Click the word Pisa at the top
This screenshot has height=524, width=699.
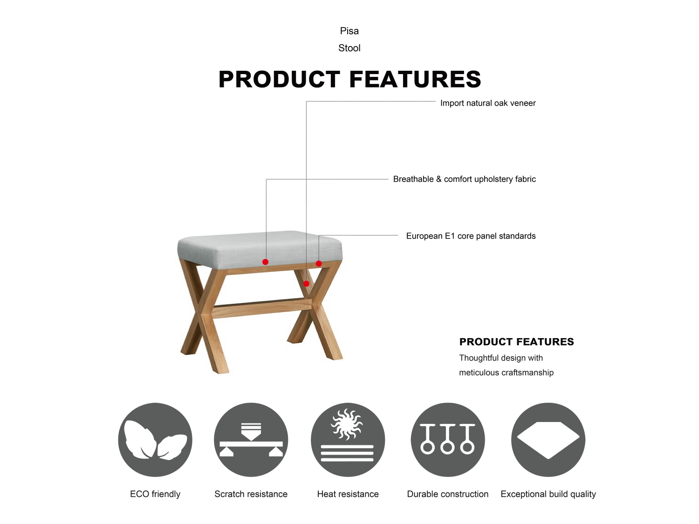pos(349,31)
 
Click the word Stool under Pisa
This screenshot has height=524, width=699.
pos(349,48)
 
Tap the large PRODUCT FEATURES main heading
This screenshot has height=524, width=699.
pos(349,79)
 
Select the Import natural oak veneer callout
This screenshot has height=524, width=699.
pos(488,103)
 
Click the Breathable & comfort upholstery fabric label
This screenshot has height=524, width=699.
pos(464,179)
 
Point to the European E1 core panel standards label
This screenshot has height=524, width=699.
pos(471,236)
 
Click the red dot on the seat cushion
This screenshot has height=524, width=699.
pos(265,262)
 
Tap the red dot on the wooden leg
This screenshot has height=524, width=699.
pos(306,284)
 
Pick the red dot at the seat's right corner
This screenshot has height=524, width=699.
pos(319,264)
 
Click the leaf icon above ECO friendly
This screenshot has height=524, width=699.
pos(155,440)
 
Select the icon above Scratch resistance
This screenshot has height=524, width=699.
pos(251,440)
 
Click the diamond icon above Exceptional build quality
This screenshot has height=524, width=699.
pos(548,440)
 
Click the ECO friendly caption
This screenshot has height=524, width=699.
pos(155,494)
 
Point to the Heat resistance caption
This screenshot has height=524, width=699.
pos(348,494)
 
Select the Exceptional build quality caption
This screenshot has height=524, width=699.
pos(548,494)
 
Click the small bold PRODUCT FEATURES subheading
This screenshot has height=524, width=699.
pos(516,342)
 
